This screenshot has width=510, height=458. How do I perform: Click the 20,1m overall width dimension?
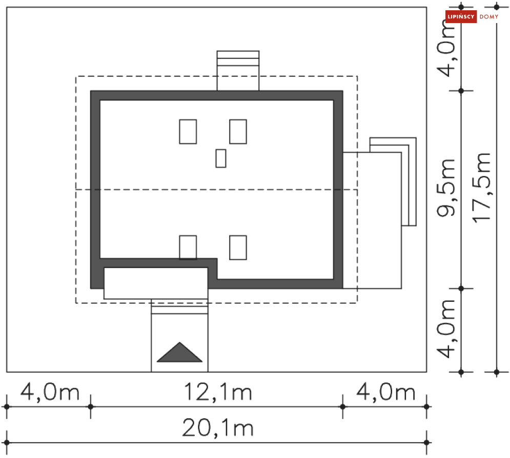click(x=218, y=427)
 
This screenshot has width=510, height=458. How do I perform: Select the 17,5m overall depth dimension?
click(x=483, y=188)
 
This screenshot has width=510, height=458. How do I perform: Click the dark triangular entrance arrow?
click(x=179, y=353)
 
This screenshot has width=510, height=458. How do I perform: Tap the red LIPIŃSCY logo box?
click(x=461, y=17)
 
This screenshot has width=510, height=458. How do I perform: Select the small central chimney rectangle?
click(x=221, y=158)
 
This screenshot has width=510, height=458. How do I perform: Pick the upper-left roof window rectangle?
click(x=188, y=132)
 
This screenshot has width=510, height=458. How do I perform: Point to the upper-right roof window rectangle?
click(x=238, y=132)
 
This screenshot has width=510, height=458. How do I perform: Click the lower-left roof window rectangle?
click(x=188, y=247)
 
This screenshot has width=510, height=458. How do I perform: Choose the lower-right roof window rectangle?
click(x=238, y=247)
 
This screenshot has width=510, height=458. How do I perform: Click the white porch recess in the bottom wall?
click(x=156, y=283)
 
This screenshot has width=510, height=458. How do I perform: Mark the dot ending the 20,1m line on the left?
click(x=7, y=442)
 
